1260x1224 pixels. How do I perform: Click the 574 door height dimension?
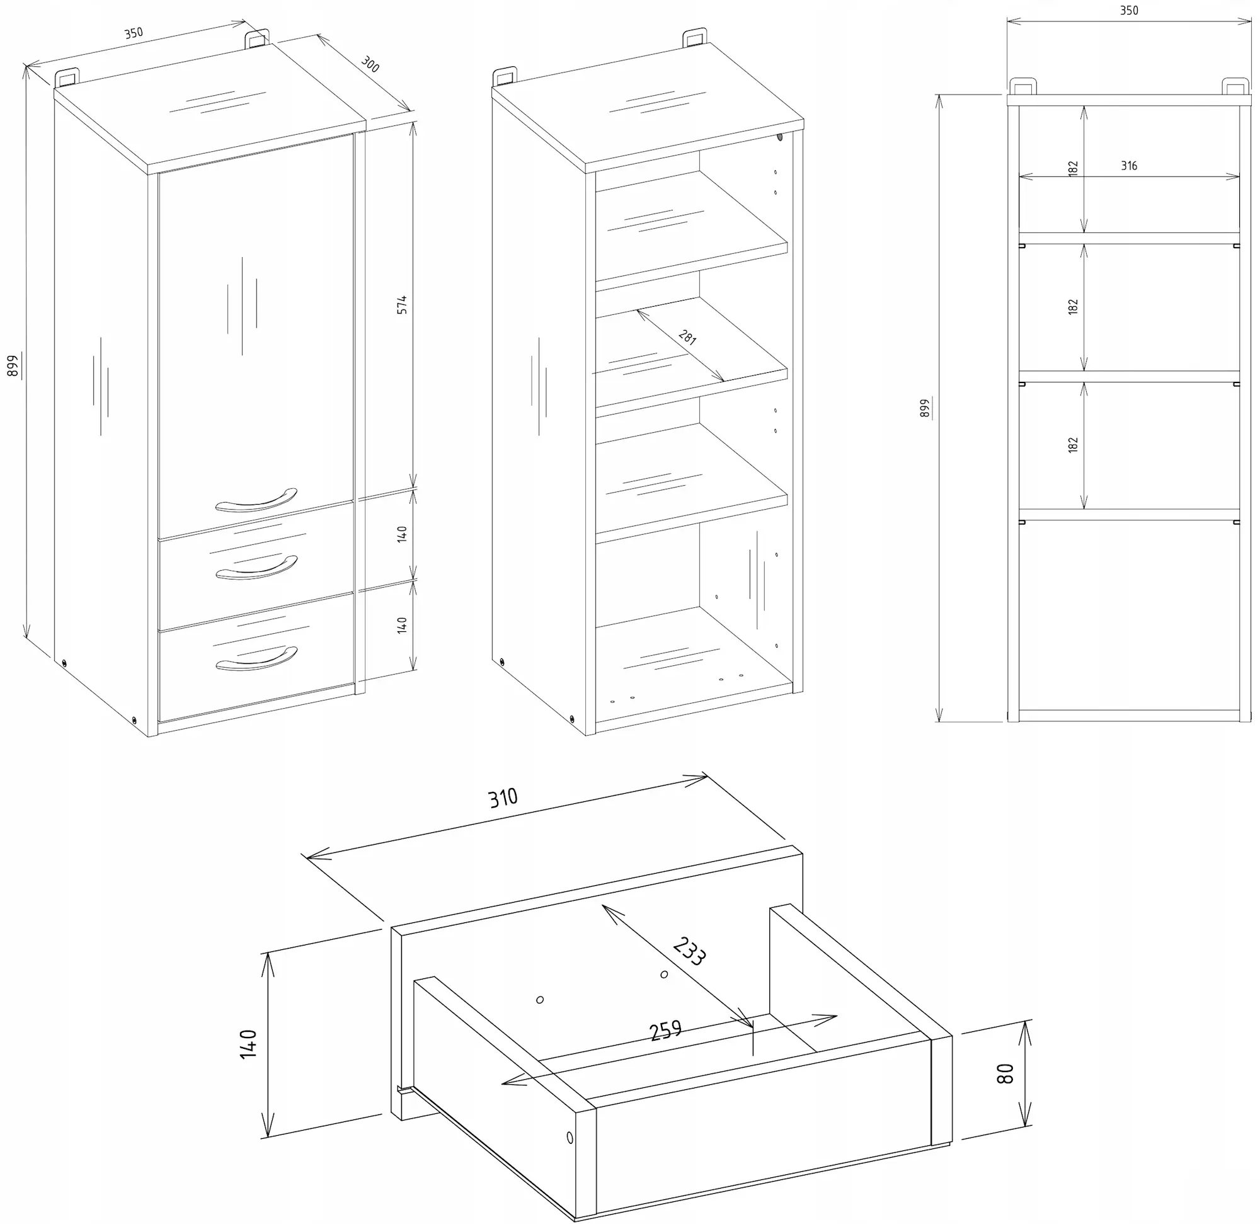point(402,305)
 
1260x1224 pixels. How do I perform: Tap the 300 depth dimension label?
point(370,64)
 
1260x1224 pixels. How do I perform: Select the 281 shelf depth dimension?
point(687,338)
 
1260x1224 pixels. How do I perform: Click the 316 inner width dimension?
point(1129,166)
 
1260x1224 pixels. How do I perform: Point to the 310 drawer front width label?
point(503,798)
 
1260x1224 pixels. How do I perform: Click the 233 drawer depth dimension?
point(689,952)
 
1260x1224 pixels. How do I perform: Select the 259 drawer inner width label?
point(665,1031)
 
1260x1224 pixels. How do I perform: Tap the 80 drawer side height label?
point(1005,1074)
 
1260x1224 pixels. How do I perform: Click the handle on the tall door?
point(256,501)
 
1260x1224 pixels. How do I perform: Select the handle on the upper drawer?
point(256,568)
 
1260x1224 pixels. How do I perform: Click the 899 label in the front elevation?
point(924,409)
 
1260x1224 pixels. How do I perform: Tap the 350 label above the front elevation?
point(1128,10)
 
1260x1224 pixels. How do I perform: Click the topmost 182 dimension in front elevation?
point(1072,169)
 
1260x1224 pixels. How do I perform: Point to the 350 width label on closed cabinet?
point(134,33)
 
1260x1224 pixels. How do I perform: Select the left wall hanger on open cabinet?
point(505,76)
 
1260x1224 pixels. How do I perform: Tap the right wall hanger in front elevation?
point(1235,87)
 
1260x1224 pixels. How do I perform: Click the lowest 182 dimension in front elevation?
point(1072,445)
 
